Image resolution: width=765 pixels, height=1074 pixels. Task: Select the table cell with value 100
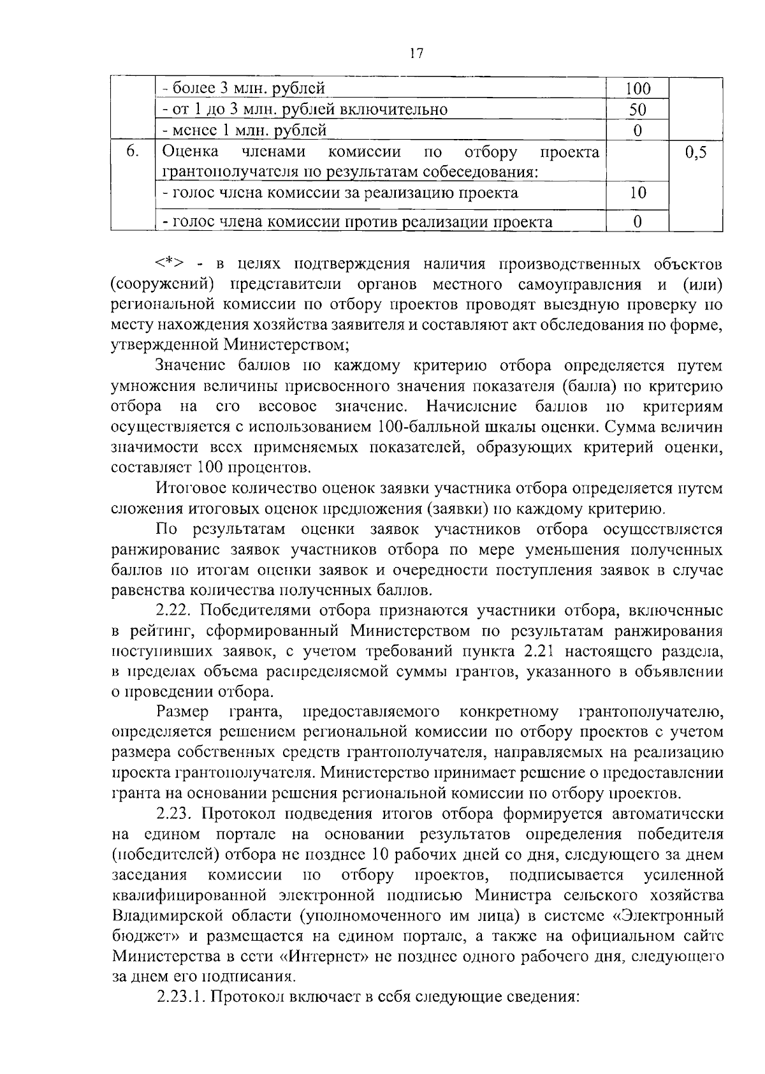(x=637, y=88)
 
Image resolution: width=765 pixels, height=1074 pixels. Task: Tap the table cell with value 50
(x=637, y=109)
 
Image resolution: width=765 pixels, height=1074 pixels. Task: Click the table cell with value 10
(x=637, y=193)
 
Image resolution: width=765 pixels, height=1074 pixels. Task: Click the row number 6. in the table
(x=132, y=152)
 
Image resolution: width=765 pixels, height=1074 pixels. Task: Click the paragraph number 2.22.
(x=175, y=610)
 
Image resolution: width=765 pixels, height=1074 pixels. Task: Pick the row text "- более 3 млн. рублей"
(x=244, y=88)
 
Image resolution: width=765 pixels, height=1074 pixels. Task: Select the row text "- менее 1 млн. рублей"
(x=244, y=130)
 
